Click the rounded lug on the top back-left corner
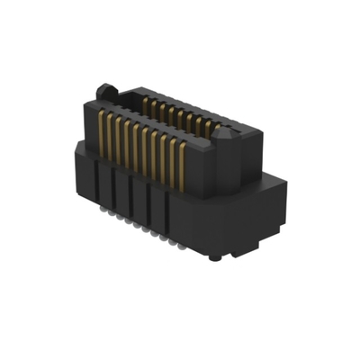point(106,91)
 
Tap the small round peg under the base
point(213,257)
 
